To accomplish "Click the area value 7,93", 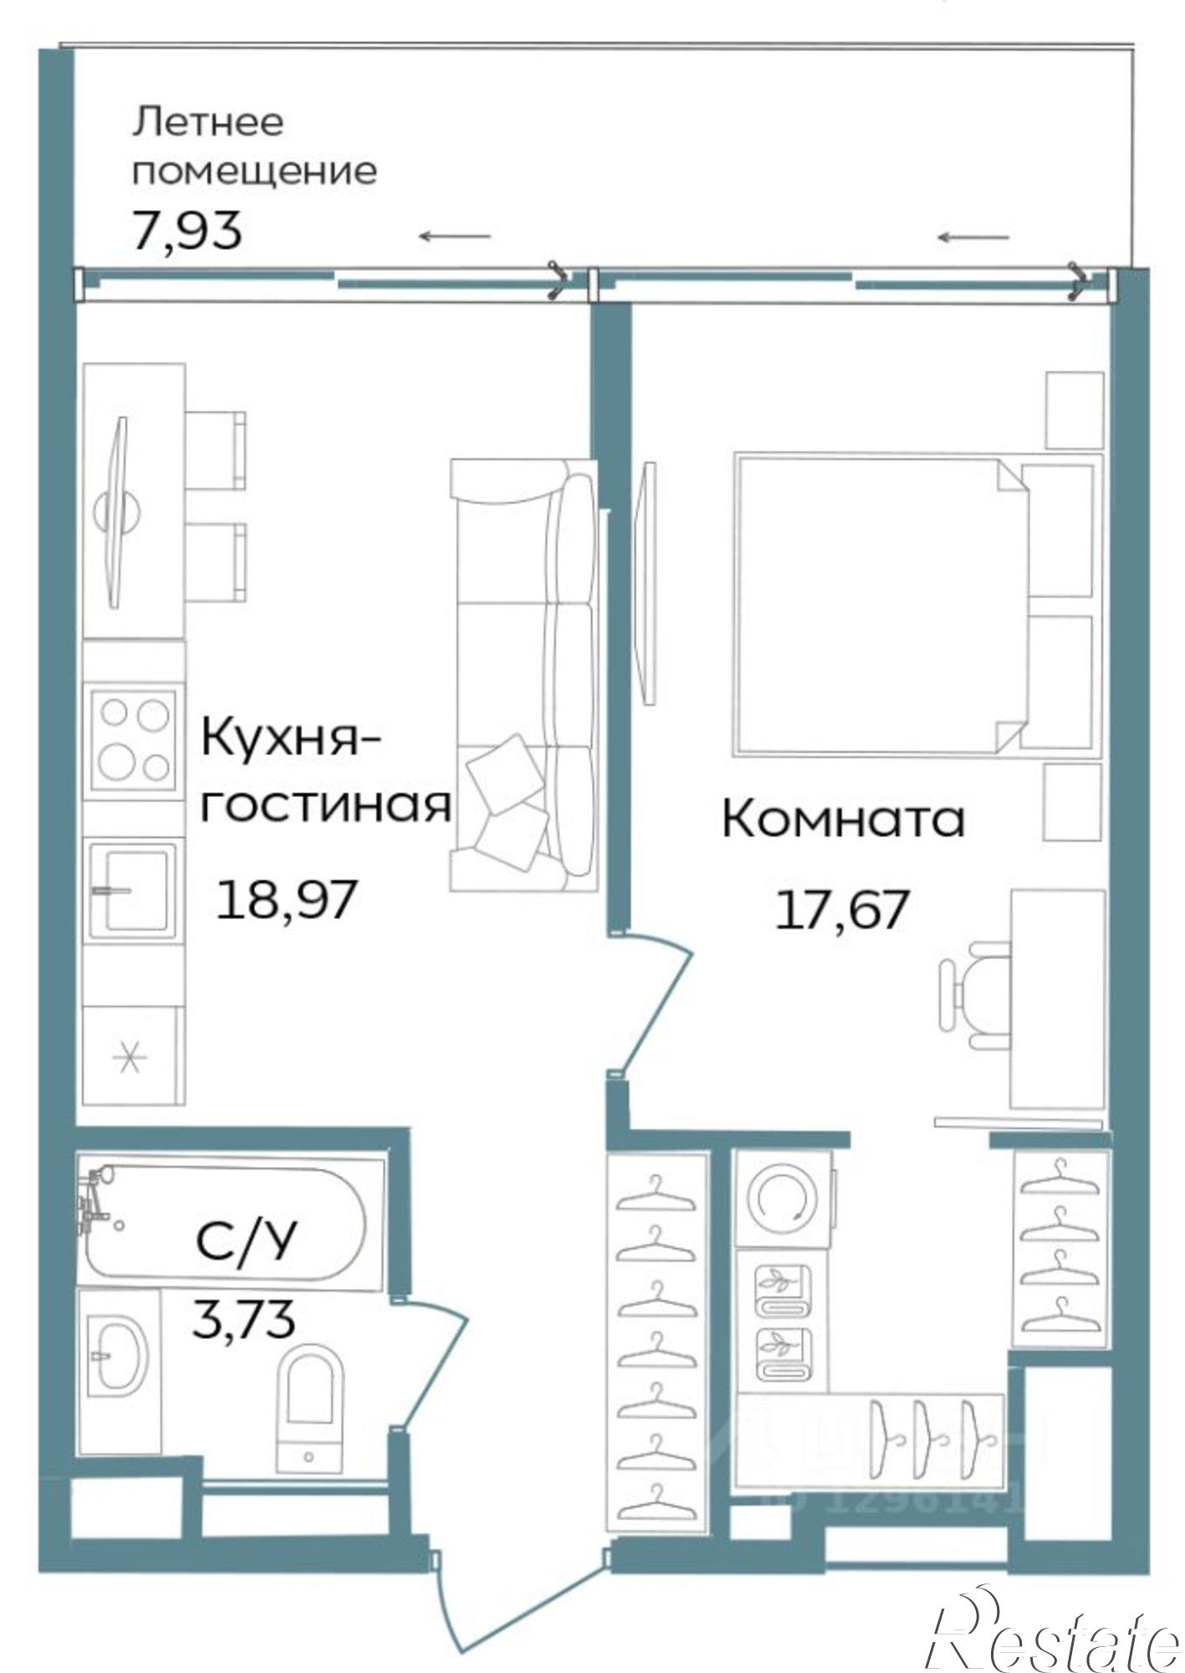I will [x=187, y=231].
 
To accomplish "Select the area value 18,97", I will [x=287, y=900].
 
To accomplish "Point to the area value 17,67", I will [x=841, y=910].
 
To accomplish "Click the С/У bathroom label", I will [x=245, y=1241].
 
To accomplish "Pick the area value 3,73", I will [x=243, y=1319].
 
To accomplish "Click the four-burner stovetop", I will [x=134, y=739].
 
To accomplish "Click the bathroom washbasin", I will [x=118, y=1356].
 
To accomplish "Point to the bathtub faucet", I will [x=94, y=1202].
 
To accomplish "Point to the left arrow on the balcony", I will [x=454, y=236].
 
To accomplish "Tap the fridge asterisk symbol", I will [x=130, y=1058].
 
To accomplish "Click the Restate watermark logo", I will [x=1054, y=1627].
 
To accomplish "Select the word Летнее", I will [x=208, y=122].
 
